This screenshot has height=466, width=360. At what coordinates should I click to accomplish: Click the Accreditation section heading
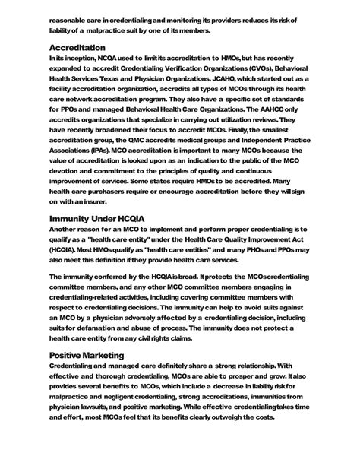77,47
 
